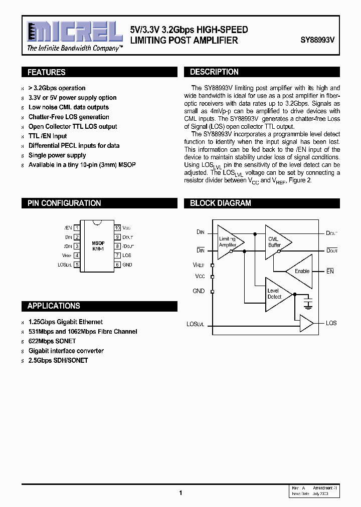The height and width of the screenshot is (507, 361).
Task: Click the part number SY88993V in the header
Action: pos(321,40)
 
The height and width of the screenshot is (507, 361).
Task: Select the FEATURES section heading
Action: pos(47,72)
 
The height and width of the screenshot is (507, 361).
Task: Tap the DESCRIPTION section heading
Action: pos(214,72)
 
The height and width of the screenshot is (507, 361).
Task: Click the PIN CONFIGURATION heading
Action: pos(64,203)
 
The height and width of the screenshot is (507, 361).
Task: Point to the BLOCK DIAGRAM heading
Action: pos(220,203)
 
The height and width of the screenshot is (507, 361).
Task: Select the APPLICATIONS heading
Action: pos(54,306)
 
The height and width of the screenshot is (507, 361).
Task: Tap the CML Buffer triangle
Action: pos(276,242)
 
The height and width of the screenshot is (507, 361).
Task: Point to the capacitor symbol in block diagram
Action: pos(308,303)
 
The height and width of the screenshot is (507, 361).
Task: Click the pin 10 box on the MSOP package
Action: pos(118,227)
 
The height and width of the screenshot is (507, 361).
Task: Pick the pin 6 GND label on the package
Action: pos(127,265)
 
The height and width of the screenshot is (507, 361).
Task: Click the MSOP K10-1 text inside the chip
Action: pos(98,245)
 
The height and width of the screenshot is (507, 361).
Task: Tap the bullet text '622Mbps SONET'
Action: pos(52,341)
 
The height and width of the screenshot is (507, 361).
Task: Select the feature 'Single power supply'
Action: pos(57,155)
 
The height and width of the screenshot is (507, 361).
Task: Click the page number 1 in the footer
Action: pos(180,493)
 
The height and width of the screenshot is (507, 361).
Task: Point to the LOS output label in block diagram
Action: pos(331,323)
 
